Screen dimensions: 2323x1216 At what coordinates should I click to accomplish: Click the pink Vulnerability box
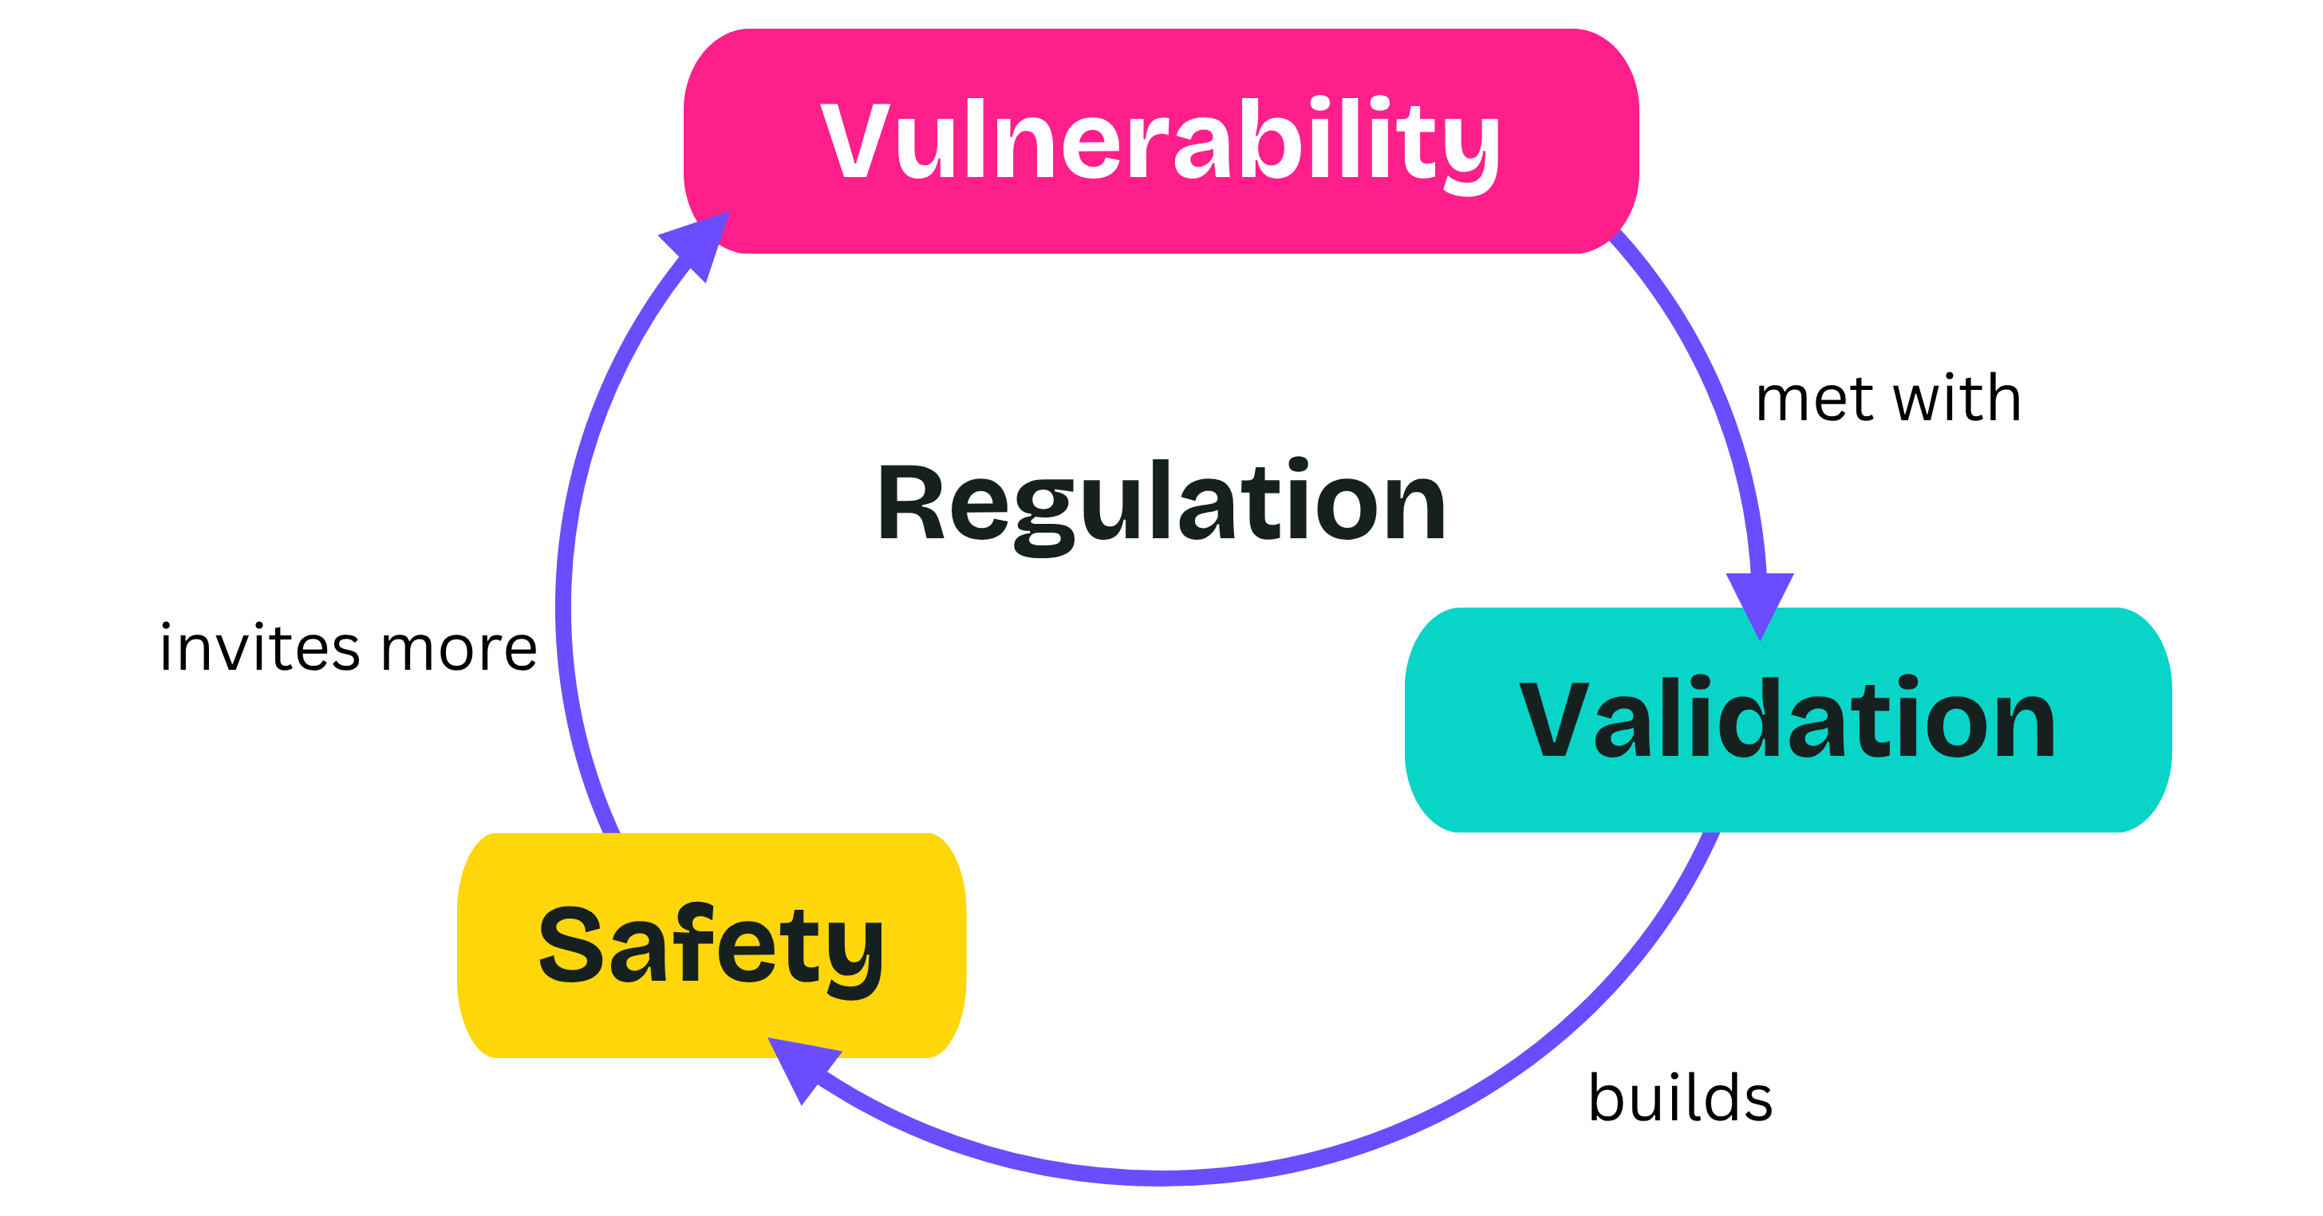point(1161,140)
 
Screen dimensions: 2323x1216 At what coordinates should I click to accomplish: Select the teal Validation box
point(1789,719)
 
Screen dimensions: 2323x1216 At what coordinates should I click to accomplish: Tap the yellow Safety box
point(712,945)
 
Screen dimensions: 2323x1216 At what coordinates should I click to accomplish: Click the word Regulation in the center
point(1161,505)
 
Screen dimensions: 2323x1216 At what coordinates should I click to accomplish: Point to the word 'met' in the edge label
point(1814,399)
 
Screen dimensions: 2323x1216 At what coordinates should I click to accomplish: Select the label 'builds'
point(1680,1097)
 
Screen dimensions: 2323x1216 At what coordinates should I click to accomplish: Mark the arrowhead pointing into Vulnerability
point(698,243)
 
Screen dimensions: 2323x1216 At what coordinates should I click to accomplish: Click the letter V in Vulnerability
point(853,140)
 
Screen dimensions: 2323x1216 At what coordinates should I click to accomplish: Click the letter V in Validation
point(1553,719)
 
